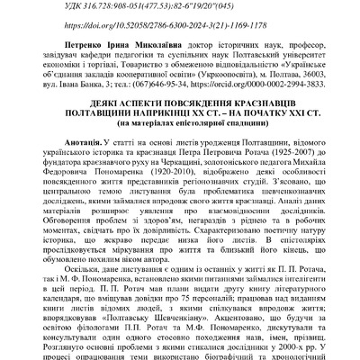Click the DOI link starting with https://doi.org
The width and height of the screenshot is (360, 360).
(x=180, y=28)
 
